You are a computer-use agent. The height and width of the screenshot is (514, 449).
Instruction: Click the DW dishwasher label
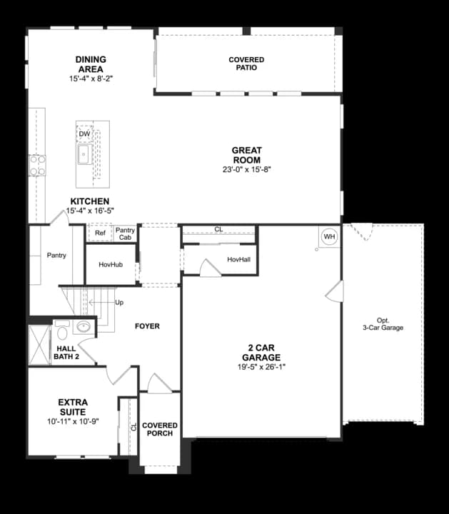pyautogui.click(x=84, y=134)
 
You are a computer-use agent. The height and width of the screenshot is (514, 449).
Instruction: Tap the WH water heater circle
pyautogui.click(x=329, y=237)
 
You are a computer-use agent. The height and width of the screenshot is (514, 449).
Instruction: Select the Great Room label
pyautogui.click(x=246, y=155)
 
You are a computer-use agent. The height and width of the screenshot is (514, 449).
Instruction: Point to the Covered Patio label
pyautogui.click(x=246, y=64)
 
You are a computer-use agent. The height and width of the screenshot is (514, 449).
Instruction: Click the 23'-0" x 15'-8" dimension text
pyautogui.click(x=246, y=170)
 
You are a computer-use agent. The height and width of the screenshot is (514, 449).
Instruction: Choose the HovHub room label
pyautogui.click(x=110, y=265)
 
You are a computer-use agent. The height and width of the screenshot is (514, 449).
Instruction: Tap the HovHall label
pyautogui.click(x=238, y=259)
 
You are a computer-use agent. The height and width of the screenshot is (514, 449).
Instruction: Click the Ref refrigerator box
pyautogui.click(x=100, y=233)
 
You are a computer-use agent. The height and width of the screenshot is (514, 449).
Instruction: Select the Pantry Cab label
pyautogui.click(x=125, y=233)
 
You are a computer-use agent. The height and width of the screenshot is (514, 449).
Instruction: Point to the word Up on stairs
pyautogui.click(x=119, y=303)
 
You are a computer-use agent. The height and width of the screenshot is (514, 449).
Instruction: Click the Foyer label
pyautogui.click(x=147, y=326)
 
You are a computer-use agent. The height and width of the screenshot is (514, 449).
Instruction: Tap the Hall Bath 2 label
pyautogui.click(x=66, y=352)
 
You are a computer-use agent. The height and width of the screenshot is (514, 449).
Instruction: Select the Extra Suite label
pyautogui.click(x=73, y=408)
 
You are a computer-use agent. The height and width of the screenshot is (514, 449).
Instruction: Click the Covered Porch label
pyautogui.click(x=160, y=429)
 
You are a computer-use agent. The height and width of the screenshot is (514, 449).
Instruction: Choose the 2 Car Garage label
pyautogui.click(x=261, y=353)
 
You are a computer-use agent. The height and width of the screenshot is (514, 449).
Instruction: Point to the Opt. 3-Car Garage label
pyautogui.click(x=382, y=323)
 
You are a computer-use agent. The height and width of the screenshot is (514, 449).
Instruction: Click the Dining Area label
pyautogui.click(x=91, y=64)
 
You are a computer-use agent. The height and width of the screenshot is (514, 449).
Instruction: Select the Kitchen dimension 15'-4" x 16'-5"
pyautogui.click(x=90, y=211)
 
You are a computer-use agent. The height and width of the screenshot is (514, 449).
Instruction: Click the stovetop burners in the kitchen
pyautogui.click(x=37, y=166)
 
